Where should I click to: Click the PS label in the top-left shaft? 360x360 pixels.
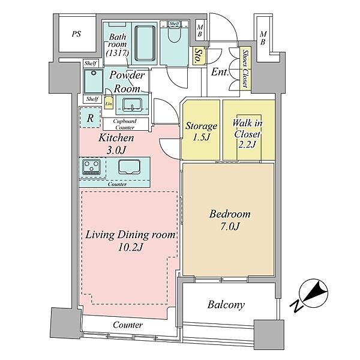point(76,34)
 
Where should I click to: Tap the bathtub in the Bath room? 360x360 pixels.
point(145,43)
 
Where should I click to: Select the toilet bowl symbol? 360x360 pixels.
point(174,35)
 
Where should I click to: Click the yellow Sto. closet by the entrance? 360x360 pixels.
point(198,56)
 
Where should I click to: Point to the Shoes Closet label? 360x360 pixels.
point(245,68)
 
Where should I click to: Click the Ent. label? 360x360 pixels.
point(220,72)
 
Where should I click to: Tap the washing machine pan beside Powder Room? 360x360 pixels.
point(94,81)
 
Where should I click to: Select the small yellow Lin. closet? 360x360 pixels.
point(109,103)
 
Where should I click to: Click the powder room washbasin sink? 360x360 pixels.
point(132,104)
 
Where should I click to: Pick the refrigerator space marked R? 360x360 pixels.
point(90,118)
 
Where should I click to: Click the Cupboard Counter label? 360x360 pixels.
point(125,124)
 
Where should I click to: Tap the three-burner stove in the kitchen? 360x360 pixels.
point(92,167)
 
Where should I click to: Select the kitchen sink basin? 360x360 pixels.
point(129,167)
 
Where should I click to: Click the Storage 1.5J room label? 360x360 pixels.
point(201,131)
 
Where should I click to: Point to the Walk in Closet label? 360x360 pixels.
point(247,134)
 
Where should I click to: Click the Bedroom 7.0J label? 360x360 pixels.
point(230,220)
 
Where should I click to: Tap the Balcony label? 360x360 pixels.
point(226,305)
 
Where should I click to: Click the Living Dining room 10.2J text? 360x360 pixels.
point(130,241)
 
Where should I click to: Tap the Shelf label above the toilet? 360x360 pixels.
point(174,23)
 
